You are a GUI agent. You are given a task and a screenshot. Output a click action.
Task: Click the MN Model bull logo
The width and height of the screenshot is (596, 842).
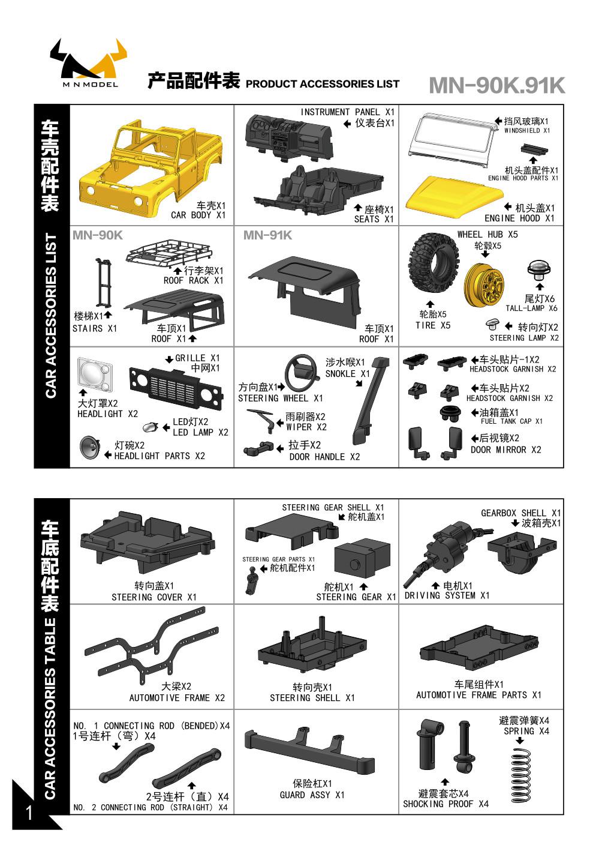point(89,63)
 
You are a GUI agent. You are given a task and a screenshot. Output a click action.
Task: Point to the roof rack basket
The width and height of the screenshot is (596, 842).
point(168,253)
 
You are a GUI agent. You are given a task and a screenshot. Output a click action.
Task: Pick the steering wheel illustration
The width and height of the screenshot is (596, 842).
point(300,374)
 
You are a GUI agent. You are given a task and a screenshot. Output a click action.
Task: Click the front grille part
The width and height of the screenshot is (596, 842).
point(176,388)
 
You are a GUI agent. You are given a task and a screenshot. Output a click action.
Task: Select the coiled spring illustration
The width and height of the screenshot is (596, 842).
point(521,776)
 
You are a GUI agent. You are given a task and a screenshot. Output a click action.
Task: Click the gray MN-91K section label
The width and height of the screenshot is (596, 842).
point(267,235)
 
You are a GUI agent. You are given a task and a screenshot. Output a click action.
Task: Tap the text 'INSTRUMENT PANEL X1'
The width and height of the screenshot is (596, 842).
point(347,112)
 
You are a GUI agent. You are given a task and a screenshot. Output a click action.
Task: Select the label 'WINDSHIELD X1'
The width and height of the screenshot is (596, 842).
point(527,130)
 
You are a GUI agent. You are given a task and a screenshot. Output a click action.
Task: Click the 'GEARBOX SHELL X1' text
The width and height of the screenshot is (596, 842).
point(521,513)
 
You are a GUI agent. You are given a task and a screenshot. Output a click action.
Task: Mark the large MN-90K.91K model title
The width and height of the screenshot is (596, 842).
point(497,86)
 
